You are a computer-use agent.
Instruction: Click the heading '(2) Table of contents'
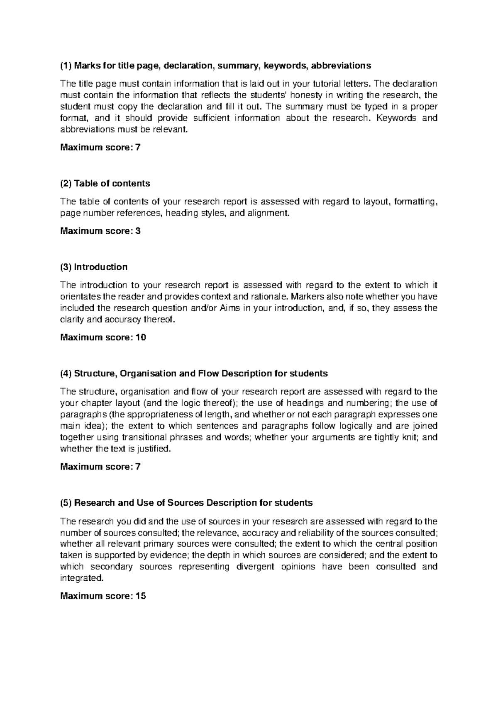pos(105,183)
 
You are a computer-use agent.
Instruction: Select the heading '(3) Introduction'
pos(94,267)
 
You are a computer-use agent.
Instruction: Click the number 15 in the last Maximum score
pos(141,596)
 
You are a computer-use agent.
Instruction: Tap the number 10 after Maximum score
pos(141,337)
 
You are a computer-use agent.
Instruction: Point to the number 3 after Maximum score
pos(138,231)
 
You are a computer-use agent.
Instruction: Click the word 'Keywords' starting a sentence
pos(395,118)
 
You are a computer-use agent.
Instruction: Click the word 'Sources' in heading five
pos(186,503)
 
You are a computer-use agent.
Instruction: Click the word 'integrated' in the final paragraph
pos(81,578)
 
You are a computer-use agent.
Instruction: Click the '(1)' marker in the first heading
pos(66,65)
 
